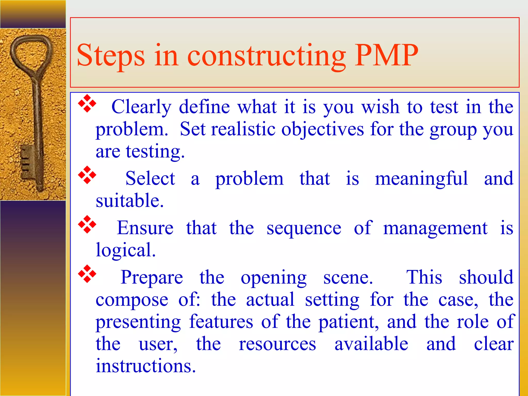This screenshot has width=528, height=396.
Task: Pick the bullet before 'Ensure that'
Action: (x=87, y=225)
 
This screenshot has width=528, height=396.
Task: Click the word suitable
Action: (x=130, y=201)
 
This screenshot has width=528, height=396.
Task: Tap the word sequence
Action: (x=304, y=228)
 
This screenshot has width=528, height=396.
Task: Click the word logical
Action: (x=126, y=250)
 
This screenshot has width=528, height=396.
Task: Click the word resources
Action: (x=277, y=344)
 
